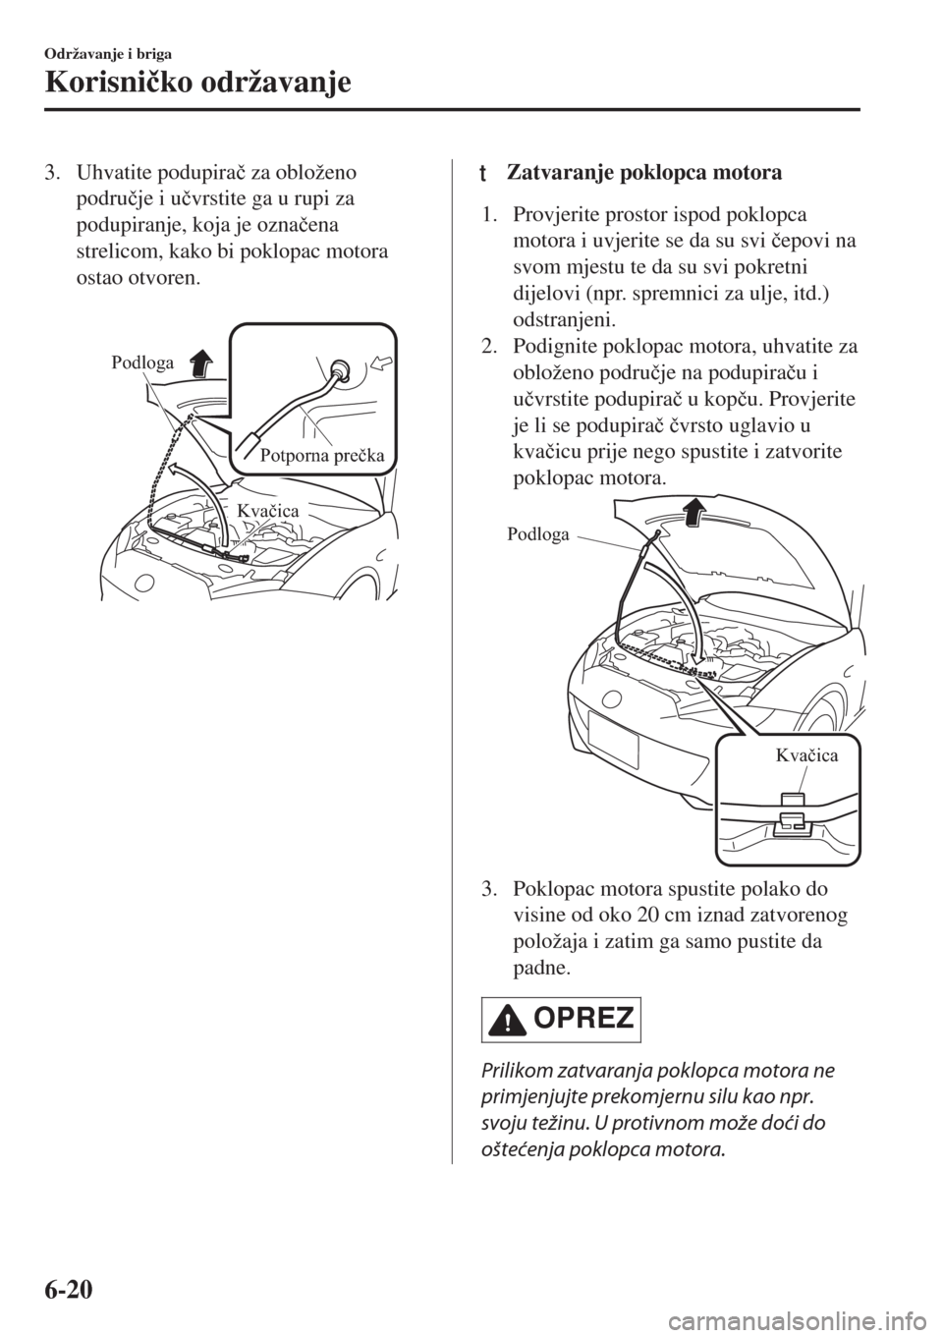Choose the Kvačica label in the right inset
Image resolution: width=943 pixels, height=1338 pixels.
pos(806,754)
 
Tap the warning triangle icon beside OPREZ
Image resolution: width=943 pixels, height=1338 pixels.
pos(508,1022)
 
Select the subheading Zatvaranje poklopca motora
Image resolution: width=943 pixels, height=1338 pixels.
pos(644,175)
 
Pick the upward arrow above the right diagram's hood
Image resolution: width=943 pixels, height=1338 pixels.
pos(693,512)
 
